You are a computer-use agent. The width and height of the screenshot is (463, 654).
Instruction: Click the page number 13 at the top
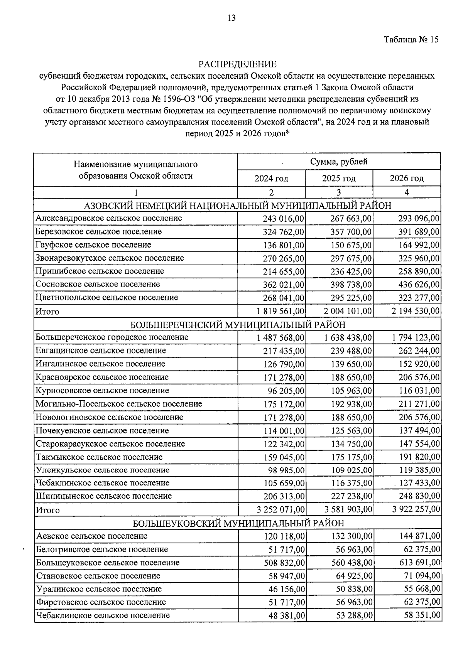[x=231, y=18]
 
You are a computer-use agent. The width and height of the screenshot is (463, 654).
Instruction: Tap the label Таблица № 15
[x=411, y=40]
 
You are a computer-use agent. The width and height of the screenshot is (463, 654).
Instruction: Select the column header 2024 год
[x=271, y=179]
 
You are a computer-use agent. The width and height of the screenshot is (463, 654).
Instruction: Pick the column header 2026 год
[x=407, y=179]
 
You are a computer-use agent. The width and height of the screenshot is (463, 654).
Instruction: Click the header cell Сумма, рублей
[x=339, y=162]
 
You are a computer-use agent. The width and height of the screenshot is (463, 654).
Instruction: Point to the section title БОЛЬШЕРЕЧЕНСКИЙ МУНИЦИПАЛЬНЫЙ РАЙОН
[x=238, y=324]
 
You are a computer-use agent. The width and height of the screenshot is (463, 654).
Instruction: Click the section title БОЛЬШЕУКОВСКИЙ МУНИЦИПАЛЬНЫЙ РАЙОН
[x=238, y=523]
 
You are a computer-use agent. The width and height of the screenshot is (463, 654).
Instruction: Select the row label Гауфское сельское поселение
[x=93, y=245]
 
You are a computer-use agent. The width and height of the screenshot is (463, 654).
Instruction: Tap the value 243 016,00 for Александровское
[x=284, y=219]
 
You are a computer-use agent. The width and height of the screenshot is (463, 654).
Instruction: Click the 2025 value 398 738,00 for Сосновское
[x=351, y=285]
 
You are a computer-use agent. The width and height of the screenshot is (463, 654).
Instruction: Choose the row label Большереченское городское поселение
[x=112, y=337]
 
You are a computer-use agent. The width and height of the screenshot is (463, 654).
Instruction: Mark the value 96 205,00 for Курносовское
[x=286, y=391]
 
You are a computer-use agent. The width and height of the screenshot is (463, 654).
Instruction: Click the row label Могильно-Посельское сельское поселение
[x=119, y=404]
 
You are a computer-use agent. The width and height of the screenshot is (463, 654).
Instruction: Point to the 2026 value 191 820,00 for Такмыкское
[x=419, y=457]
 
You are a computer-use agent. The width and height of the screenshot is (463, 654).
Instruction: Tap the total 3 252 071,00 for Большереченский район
[x=281, y=510]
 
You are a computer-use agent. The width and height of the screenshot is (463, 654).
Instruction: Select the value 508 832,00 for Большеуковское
[x=284, y=563]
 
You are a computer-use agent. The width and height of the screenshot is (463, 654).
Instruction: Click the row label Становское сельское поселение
[x=98, y=576]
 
